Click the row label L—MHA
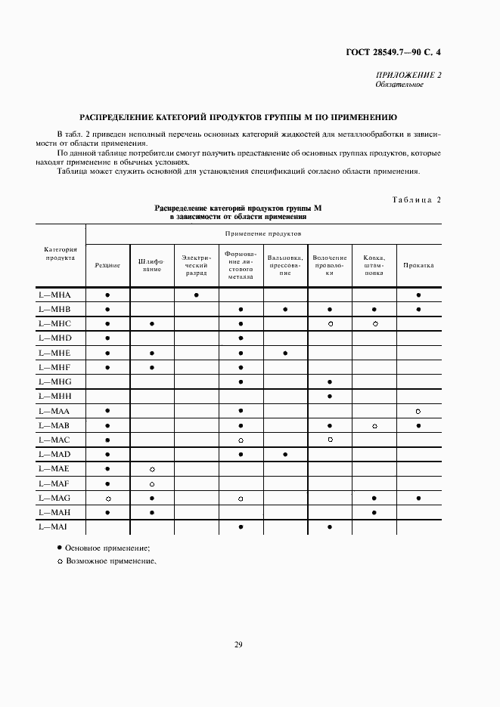54,295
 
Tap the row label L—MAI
53,526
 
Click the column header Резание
107,265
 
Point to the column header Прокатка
418,265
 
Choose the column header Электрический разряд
196,265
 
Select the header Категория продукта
60,252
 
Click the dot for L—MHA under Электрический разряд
196,295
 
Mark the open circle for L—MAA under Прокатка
418,411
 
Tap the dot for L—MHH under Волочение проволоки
330,397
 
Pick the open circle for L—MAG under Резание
107,499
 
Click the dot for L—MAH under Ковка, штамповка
374,513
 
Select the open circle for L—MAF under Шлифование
152,484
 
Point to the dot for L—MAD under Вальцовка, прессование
285,455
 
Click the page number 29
238,644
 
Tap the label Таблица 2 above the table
416,199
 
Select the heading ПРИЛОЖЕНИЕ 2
408,75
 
